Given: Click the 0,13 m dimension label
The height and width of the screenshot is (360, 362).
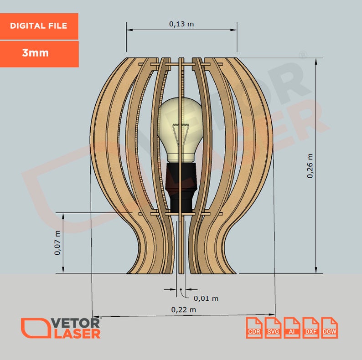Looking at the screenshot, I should (181, 24).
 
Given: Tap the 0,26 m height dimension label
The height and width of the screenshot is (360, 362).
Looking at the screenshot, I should (310, 165).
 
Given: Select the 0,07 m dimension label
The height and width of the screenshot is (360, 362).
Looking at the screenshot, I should (57, 243).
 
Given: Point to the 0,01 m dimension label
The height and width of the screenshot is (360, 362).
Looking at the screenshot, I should (206, 298).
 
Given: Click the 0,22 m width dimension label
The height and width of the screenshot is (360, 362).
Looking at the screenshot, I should (184, 309).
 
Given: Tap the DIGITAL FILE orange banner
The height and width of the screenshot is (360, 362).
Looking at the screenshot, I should (39, 26).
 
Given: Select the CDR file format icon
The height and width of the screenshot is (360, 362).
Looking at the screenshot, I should (254, 328).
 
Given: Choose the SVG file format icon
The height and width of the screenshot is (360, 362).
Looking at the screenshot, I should (273, 328).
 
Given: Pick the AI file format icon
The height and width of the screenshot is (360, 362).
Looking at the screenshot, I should (292, 328).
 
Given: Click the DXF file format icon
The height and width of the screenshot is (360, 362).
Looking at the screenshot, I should (310, 328).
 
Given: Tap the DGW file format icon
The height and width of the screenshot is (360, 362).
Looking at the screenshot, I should (329, 328).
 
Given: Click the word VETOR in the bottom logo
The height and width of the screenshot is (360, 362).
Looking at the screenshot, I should (77, 323).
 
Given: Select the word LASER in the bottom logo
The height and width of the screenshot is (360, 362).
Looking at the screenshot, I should (77, 334).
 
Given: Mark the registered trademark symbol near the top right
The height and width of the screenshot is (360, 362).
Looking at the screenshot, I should (302, 55).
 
